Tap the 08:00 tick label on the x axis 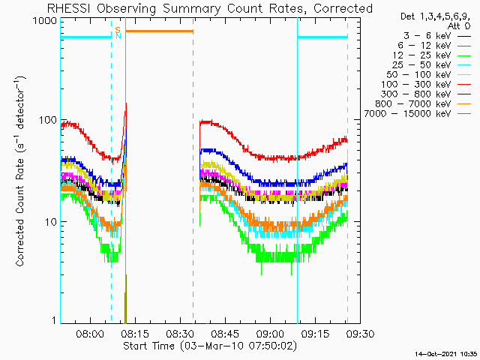90,333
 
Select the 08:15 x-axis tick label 135,333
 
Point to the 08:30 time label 180,333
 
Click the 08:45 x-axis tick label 225,333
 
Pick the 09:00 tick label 270,333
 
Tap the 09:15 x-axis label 315,333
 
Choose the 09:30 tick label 360,333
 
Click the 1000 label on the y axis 45,21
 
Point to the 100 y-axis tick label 48,120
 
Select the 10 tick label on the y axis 51,222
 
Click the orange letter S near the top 118,30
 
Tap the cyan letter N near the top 118,36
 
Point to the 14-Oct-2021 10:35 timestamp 446,354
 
